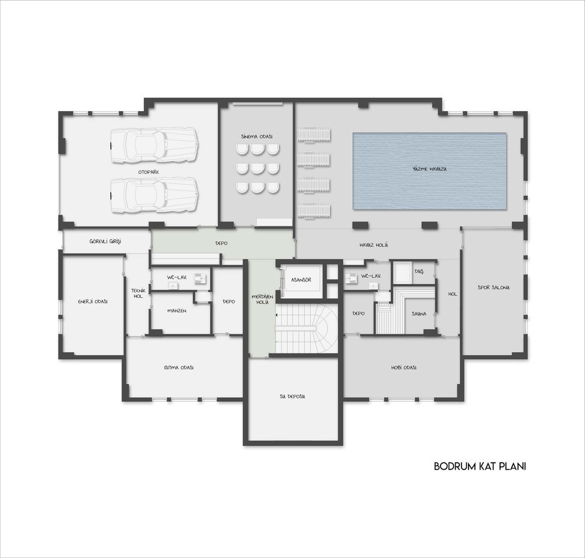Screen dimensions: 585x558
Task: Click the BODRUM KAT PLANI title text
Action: tap(480, 466)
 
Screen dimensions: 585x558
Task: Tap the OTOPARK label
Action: tap(149, 172)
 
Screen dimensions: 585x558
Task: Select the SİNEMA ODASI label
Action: tap(257, 136)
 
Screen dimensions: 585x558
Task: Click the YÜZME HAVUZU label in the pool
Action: tap(429, 168)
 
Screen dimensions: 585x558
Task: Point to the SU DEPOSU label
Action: tap(292, 397)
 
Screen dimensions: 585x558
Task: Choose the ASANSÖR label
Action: tap(301, 280)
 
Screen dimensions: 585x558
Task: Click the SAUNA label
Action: tap(419, 314)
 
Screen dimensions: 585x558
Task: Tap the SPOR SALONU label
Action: tap(494, 288)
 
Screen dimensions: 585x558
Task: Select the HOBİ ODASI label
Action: tap(404, 367)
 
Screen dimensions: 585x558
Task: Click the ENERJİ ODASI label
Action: tap(93, 301)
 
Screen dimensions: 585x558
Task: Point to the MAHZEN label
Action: tap(177, 311)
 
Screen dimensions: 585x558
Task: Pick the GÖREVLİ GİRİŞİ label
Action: tap(105, 242)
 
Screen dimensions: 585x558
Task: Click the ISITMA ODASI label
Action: tap(178, 367)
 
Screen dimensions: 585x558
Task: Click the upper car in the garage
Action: tap(154, 145)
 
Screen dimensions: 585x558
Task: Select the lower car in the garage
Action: tap(154, 195)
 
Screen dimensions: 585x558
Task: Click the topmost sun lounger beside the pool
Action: tap(314, 135)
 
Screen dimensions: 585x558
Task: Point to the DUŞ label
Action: tap(419, 271)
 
